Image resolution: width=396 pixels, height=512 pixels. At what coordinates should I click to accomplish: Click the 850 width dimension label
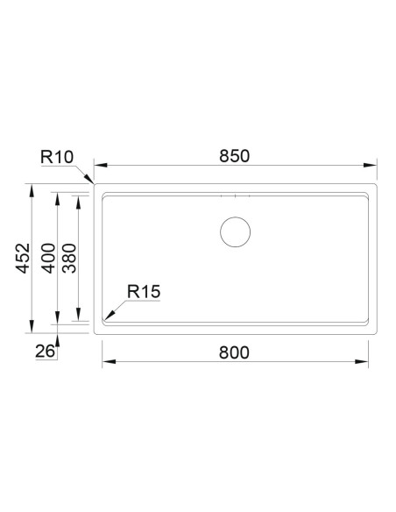234,156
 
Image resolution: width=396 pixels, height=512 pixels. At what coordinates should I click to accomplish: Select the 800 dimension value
234,352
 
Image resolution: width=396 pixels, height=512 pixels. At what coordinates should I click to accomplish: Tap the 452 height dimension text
23,258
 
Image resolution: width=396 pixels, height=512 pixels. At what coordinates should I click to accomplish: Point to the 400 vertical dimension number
48,258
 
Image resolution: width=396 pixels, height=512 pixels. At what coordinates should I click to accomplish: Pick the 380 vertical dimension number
69,258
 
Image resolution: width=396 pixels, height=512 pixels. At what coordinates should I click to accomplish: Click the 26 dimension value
45,352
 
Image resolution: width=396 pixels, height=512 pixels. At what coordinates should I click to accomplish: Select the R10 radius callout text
57,157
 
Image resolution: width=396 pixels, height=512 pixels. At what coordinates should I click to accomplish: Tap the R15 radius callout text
144,292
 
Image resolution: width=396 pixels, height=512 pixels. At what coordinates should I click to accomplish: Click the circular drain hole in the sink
235,231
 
